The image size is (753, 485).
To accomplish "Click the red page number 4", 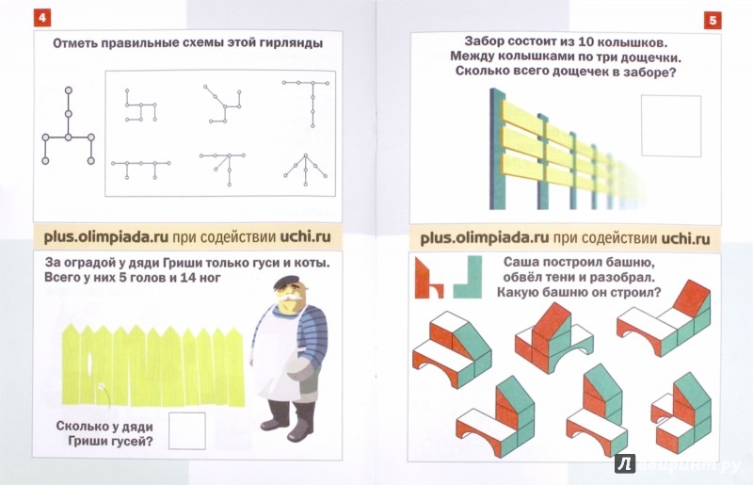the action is [x=42, y=18].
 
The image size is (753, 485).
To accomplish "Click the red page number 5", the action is [x=713, y=21].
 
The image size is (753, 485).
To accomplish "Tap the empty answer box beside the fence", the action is [x=671, y=126].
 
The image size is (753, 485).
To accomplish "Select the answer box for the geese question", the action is [x=186, y=430].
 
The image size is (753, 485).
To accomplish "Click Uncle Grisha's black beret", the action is [x=287, y=282].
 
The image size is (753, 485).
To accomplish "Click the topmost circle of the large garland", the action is [x=68, y=90].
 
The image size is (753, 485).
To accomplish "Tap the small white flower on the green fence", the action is [x=102, y=385].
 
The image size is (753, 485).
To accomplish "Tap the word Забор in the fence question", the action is [x=484, y=41].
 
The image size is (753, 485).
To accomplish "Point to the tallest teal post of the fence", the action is [x=498, y=149].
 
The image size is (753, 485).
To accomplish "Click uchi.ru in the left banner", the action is [x=306, y=237].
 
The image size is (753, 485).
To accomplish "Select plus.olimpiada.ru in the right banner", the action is [x=484, y=238].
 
